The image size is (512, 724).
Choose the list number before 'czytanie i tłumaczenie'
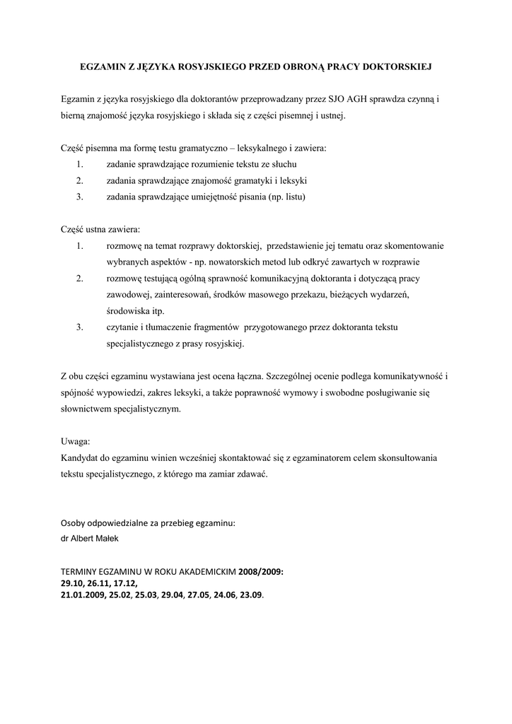pos(80,327)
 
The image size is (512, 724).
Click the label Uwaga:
pos(76,441)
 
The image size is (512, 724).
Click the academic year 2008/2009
pos(260,571)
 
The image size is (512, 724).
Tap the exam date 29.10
pos(71,583)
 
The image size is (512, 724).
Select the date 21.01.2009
pos(83,595)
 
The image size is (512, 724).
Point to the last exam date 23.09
pos(250,595)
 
